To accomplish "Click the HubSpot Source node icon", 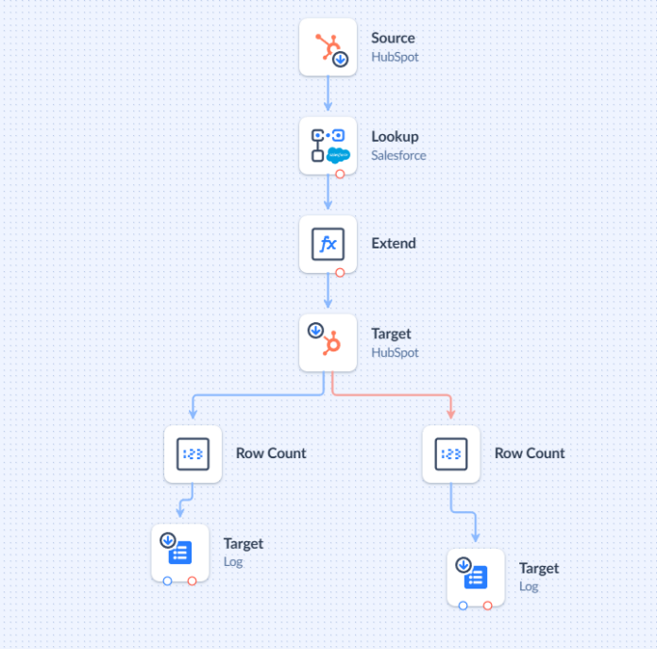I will click(328, 46).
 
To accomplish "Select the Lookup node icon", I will click(328, 145).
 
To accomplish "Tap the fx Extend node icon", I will click(328, 244).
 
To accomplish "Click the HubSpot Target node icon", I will click(328, 342).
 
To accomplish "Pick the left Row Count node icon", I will click(193, 453).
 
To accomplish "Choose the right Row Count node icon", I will click(451, 453).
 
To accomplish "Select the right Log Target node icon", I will click(476, 575).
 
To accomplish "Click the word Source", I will click(393, 38).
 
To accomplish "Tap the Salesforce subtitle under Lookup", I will click(398, 156).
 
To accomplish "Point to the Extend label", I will click(394, 244).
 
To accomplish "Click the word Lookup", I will click(395, 137).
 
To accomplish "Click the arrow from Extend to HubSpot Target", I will click(328, 295).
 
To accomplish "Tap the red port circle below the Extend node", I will click(340, 273).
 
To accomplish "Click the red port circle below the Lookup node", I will click(340, 175).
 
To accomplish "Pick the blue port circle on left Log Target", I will click(167, 581).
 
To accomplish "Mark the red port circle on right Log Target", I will click(488, 606).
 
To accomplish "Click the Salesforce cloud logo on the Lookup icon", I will click(339, 155).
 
